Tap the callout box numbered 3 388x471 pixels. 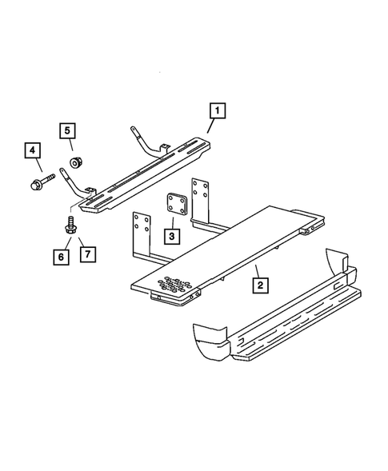coord(171,236)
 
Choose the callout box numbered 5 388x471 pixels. coord(68,130)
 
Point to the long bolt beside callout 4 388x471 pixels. coord(43,183)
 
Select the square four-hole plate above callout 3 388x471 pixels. coord(176,207)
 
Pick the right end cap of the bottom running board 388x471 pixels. coord(335,267)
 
